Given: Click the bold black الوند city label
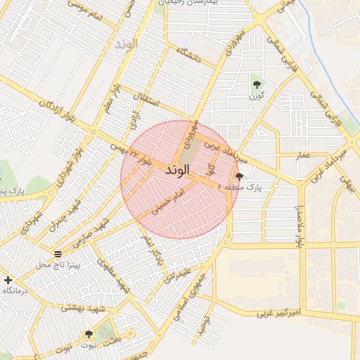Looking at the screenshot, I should [178, 170].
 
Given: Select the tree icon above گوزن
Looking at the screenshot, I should [257, 84].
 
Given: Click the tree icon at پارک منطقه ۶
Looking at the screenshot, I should [240, 177].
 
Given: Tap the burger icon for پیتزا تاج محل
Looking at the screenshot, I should [58, 254].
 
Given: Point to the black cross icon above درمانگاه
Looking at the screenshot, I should [8, 280].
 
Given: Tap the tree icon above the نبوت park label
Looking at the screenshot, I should [89, 335].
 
